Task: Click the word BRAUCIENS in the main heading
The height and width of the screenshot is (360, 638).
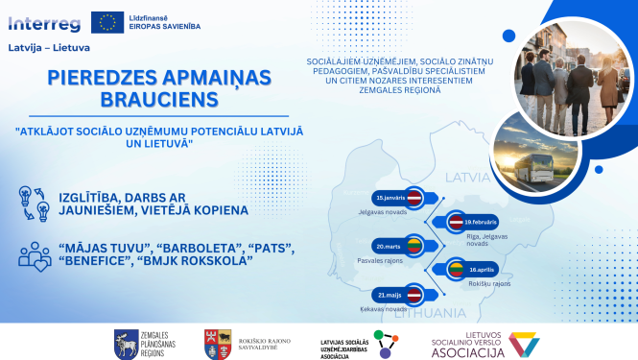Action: (141, 99)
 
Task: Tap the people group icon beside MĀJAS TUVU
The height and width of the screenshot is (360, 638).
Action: (35, 254)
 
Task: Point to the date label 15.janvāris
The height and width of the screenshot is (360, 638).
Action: (388, 197)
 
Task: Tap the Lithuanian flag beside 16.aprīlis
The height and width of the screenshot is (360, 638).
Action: (457, 271)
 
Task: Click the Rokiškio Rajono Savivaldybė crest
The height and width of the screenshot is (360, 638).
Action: (211, 343)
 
